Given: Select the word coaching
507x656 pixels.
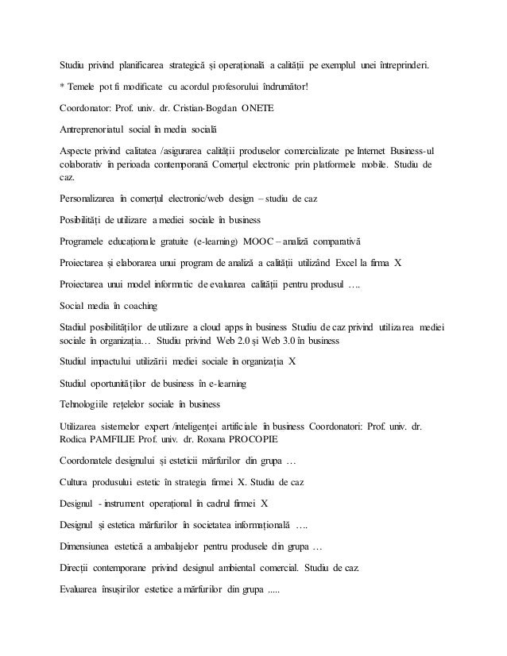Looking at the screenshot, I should (x=140, y=305).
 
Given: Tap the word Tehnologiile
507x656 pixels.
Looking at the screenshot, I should (x=87, y=404).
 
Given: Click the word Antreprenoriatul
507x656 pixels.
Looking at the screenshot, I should (x=97, y=129).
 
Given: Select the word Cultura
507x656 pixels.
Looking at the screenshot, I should (x=77, y=481).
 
